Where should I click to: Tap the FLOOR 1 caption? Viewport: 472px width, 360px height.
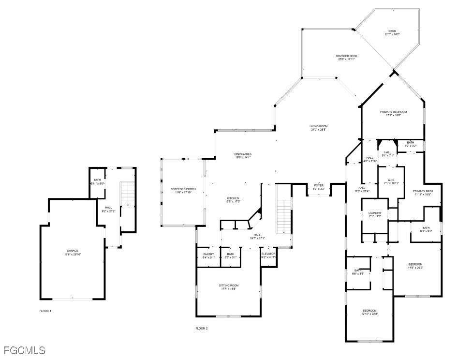pyautogui.click(x=45, y=311)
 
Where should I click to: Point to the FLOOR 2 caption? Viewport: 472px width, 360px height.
pyautogui.click(x=201, y=328)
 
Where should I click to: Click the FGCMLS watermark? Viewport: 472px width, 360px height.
pyautogui.click(x=24, y=350)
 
